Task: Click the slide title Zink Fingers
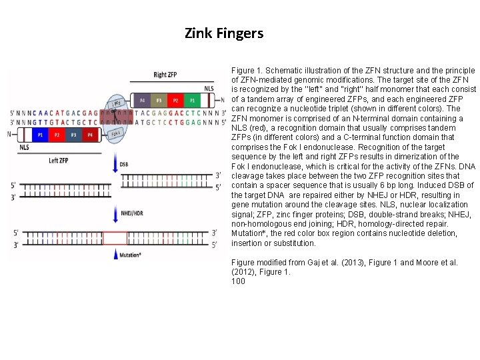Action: click(224, 33)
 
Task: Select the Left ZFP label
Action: click(59, 161)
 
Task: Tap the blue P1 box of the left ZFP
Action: click(41, 135)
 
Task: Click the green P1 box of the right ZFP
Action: click(193, 101)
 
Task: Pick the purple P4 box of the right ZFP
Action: click(141, 101)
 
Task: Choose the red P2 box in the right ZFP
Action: click(175, 101)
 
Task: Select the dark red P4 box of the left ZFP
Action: click(90, 135)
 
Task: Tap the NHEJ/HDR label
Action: click(133, 213)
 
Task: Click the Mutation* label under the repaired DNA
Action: click(131, 255)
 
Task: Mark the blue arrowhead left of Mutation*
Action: click(114, 254)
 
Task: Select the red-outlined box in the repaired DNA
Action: click(115, 238)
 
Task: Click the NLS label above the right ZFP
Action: click(209, 88)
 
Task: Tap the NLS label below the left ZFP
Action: click(24, 148)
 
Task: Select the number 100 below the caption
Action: click(238, 281)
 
